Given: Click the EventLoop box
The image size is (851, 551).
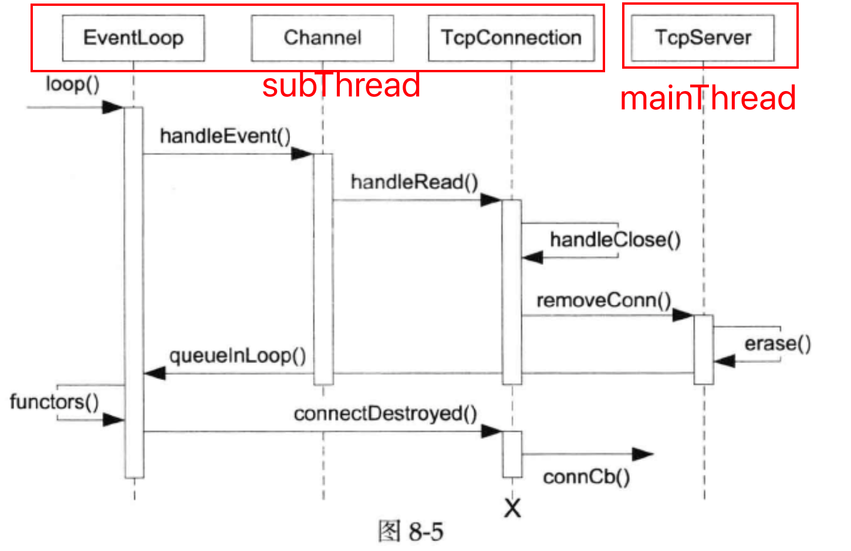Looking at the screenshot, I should (x=133, y=38).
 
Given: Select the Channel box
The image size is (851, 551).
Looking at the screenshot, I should (x=322, y=38).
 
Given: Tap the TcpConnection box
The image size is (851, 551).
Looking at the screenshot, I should (x=511, y=38).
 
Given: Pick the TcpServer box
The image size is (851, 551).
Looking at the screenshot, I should (x=703, y=38).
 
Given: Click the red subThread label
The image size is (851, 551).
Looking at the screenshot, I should (x=341, y=86).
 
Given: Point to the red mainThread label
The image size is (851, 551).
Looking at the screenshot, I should (x=708, y=98).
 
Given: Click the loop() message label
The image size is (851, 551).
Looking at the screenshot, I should (x=73, y=85).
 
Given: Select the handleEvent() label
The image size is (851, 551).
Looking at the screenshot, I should (x=225, y=136).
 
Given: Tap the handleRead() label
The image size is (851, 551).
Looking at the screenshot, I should (x=414, y=182).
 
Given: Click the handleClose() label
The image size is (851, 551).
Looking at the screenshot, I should (x=615, y=240).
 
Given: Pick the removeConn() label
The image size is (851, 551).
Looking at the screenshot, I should (x=604, y=300).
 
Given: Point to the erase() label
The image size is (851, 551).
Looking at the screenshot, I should (x=778, y=344).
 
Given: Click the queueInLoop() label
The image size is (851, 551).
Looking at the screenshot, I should (x=238, y=356).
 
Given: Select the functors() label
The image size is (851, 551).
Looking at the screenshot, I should (x=54, y=402).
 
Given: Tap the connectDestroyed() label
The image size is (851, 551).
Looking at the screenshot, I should (x=386, y=414).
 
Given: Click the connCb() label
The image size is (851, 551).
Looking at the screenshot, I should (x=586, y=477).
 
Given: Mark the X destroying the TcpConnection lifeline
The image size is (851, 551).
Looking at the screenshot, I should (x=512, y=508).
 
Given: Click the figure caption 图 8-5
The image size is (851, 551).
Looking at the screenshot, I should (x=411, y=532).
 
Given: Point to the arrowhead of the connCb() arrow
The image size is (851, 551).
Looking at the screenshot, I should (x=643, y=454).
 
